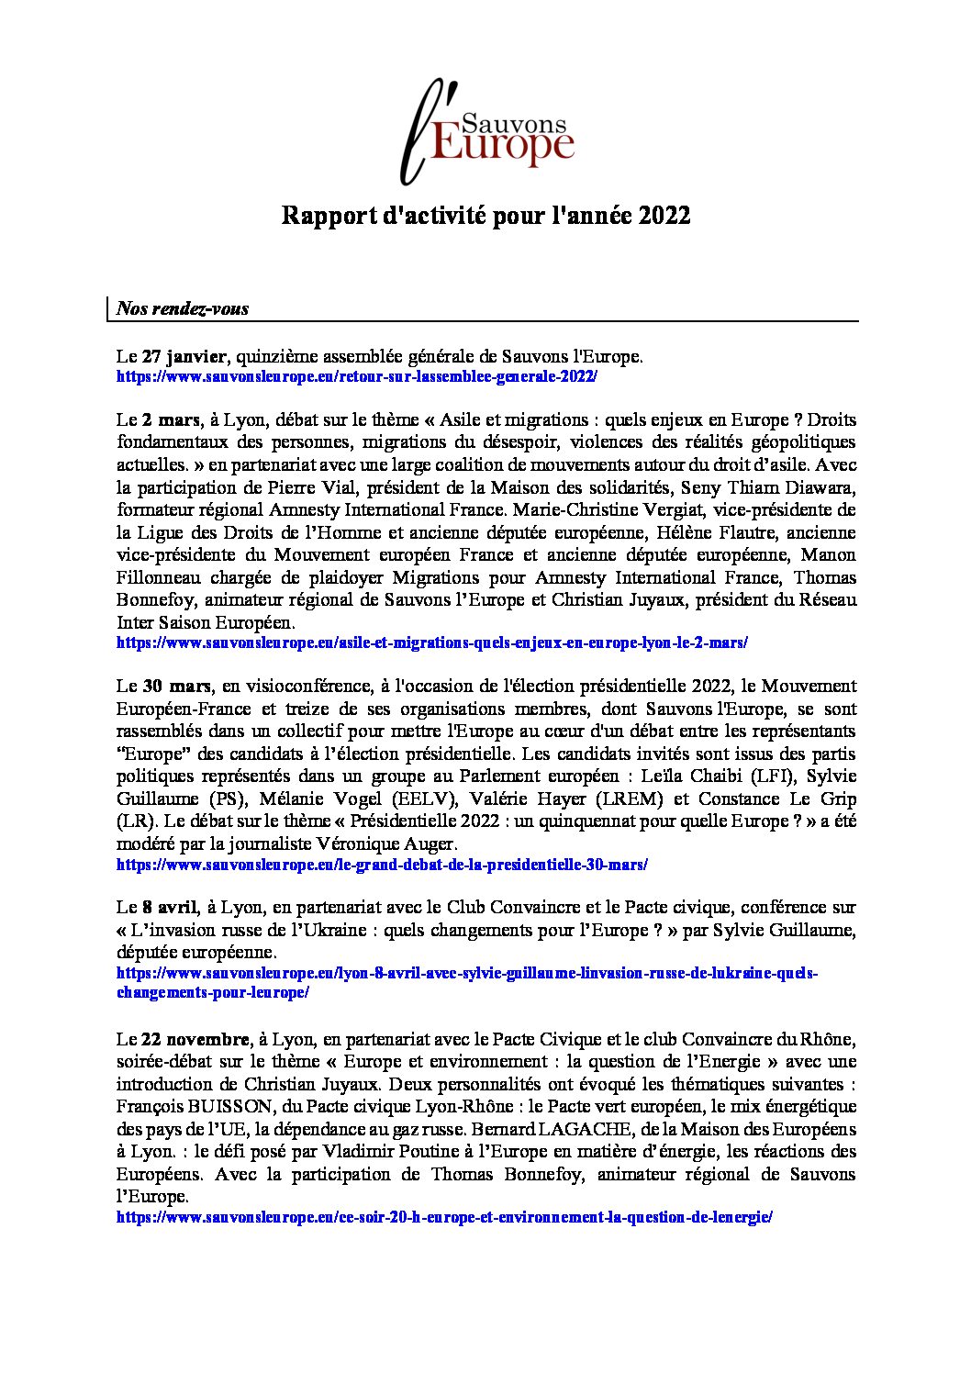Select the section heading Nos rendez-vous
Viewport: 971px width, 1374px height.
pyautogui.click(x=183, y=308)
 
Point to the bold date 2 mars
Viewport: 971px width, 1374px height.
pyautogui.click(x=171, y=420)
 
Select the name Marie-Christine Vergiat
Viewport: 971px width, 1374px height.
pyautogui.click(x=609, y=509)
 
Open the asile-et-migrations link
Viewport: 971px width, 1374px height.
pyautogui.click(x=431, y=643)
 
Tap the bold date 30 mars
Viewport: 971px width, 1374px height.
pyautogui.click(x=176, y=687)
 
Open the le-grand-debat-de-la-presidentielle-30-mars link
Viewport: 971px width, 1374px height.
pyautogui.click(x=382, y=865)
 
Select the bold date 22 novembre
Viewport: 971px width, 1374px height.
pyautogui.click(x=195, y=1040)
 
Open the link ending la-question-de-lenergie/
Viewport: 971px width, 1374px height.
pyautogui.click(x=444, y=1218)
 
